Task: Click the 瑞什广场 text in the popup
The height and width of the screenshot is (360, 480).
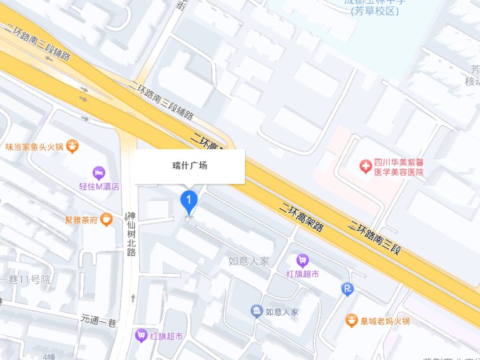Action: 190,166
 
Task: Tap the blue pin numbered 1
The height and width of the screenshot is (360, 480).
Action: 189,201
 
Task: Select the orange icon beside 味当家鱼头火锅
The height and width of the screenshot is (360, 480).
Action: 74,147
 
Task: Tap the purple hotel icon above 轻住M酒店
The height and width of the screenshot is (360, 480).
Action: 98,171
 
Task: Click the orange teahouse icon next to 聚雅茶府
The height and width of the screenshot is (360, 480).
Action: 107,220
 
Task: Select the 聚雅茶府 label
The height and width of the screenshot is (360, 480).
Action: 81,221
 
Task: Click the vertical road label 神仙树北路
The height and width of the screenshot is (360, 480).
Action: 131,233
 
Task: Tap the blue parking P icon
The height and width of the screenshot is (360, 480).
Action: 347,289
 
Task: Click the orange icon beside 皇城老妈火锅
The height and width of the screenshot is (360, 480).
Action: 351,321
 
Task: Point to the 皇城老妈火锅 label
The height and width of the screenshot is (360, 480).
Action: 386,321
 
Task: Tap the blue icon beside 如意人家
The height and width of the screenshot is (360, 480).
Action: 256,311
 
